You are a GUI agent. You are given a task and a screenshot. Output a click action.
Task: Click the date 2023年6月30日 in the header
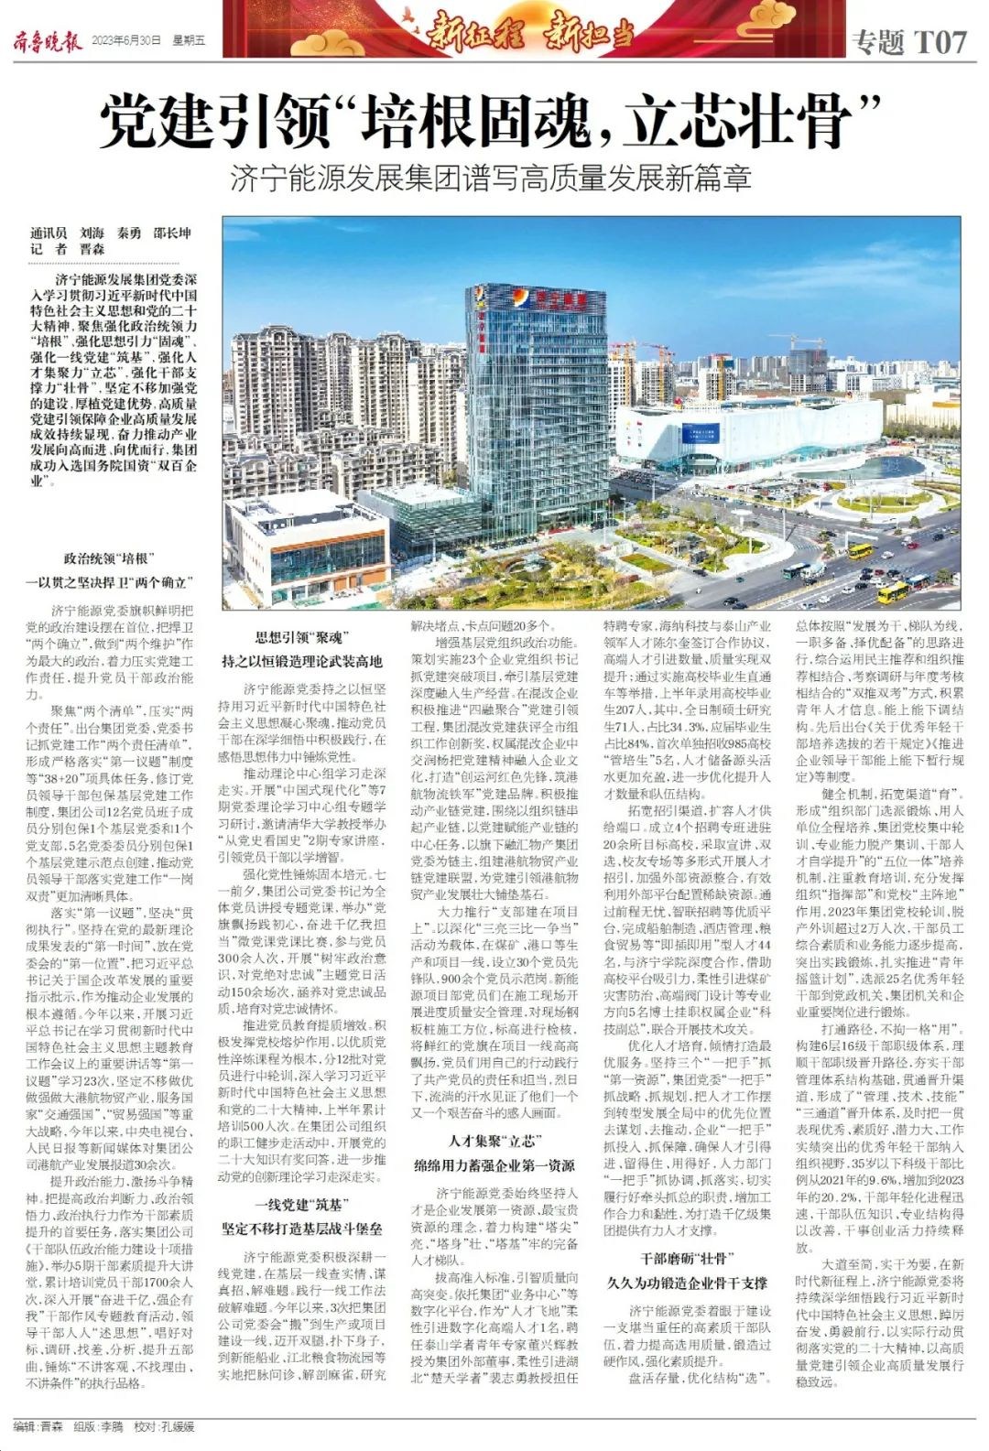[126, 41]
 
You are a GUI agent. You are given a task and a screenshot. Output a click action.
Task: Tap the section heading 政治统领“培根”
[109, 558]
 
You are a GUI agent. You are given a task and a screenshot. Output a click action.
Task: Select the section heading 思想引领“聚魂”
[301, 638]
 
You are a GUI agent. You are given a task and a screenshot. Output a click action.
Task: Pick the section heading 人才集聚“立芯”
[494, 1142]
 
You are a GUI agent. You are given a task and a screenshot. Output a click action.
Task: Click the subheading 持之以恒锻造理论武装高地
[301, 661]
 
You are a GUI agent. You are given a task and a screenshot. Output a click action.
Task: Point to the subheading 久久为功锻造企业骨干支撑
[687, 1283]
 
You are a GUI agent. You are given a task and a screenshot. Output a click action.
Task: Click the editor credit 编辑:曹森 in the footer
[38, 1426]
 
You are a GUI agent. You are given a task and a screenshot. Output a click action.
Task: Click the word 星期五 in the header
[188, 41]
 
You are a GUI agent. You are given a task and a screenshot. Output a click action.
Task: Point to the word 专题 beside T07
[877, 41]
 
